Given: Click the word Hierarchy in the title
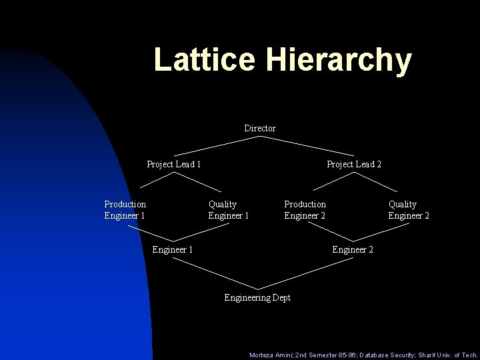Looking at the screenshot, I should (339, 61).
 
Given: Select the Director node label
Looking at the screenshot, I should (260, 128).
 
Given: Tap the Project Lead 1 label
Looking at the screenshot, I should (174, 164).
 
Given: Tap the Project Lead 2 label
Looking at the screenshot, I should (353, 164).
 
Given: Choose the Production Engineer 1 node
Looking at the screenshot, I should (125, 209).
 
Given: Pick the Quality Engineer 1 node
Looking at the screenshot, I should (229, 209).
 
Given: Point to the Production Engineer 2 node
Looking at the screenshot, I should (305, 209).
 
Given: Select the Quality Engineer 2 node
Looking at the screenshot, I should (409, 209).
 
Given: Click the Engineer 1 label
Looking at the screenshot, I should (173, 249).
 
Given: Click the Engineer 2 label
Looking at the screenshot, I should (353, 249).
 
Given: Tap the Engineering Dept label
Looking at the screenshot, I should (257, 297).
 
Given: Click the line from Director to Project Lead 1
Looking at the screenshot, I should (217, 146).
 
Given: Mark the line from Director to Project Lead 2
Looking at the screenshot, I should (306, 146).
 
